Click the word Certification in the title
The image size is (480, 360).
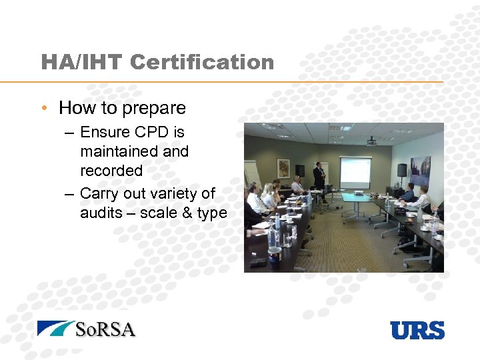(x=202, y=62)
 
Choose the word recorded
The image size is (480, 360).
(x=111, y=171)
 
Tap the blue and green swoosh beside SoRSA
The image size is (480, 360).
(x=55, y=328)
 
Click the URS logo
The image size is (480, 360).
(x=417, y=330)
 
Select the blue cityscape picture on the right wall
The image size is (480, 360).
(x=420, y=170)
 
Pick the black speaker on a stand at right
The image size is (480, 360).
(x=402, y=171)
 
